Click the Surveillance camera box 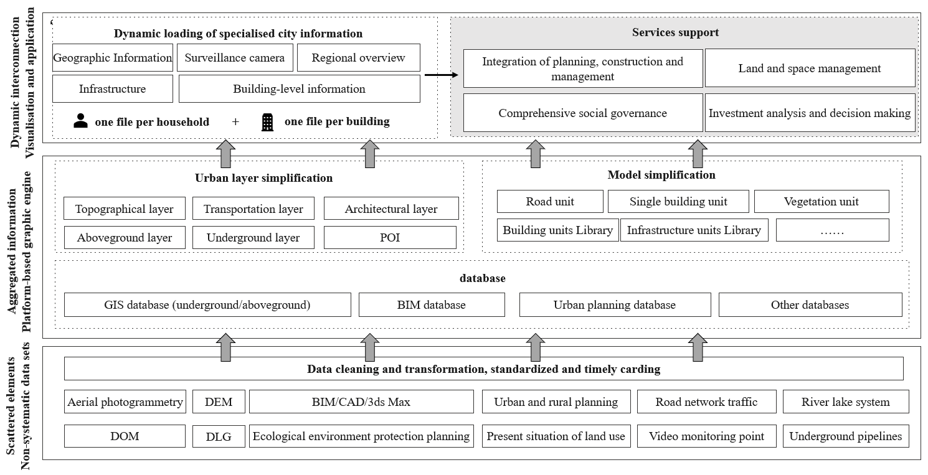(235, 57)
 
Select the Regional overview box (358, 57)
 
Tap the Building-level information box (299, 88)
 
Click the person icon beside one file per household (80, 121)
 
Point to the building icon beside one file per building (267, 122)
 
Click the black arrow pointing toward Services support (441, 75)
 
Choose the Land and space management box (810, 68)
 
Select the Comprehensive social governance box (583, 113)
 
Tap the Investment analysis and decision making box (810, 113)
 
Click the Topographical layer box (125, 209)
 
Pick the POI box (390, 237)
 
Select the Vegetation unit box (821, 201)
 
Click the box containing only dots (832, 230)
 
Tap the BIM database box (432, 305)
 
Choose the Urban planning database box (615, 305)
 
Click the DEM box (219, 402)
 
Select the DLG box (219, 436)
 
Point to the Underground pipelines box (846, 436)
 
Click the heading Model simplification (661, 175)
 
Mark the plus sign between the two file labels (235, 121)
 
